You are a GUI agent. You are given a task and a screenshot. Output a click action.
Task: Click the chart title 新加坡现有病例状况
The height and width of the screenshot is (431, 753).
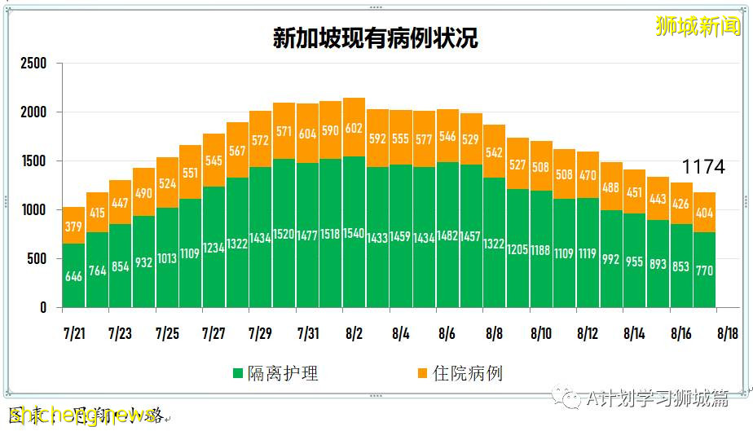coord(375,38)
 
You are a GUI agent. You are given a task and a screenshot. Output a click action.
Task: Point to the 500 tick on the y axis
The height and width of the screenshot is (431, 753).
coord(37,259)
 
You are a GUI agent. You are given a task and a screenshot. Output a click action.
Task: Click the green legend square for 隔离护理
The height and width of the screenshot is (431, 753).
coord(238,374)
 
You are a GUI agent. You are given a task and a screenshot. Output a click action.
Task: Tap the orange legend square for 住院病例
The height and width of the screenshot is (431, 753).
coord(422,374)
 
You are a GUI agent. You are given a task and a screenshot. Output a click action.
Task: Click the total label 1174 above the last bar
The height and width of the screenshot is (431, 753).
coord(702,167)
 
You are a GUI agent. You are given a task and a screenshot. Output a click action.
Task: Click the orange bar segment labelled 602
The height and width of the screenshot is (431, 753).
coord(354,127)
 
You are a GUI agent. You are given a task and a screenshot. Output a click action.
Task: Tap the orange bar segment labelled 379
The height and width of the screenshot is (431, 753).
coord(74,225)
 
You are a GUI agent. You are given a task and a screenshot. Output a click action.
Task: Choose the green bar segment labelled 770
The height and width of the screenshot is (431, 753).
coord(704,270)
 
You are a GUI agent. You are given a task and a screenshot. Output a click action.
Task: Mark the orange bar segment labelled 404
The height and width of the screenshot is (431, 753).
coord(704,213)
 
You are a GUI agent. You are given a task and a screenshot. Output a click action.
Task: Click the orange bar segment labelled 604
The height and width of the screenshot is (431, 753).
coord(307,133)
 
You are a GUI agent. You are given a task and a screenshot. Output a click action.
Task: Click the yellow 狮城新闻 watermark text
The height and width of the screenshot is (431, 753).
coord(699,25)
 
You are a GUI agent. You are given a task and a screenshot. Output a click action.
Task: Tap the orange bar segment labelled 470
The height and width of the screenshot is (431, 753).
coord(588,174)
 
